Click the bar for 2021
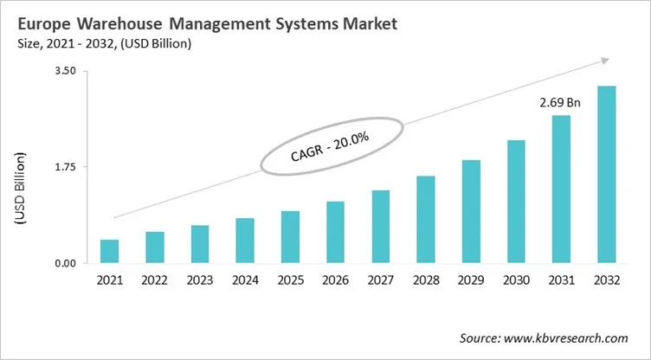point(109,251)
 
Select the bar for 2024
point(245,241)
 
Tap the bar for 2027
point(380,227)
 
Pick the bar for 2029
point(471,211)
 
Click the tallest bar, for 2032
point(607,174)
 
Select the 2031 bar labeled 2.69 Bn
point(561,189)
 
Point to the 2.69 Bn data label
point(560,103)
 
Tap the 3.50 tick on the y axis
point(65,71)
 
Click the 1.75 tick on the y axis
point(65,167)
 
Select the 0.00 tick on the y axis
point(65,263)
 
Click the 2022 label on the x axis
point(154,281)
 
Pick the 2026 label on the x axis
point(335,281)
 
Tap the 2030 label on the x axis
point(516,281)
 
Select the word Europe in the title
point(42,24)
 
